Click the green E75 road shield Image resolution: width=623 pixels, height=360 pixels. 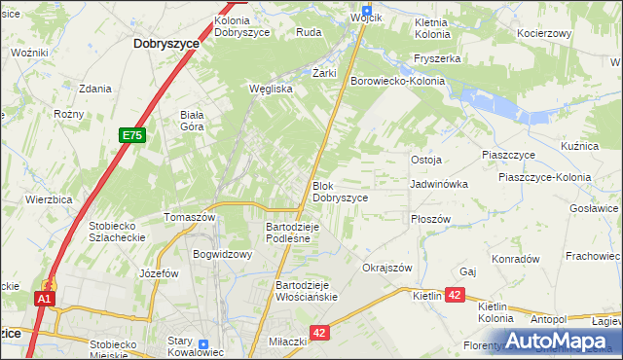pos(133,137)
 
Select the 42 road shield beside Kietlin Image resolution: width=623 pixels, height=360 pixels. pos(456,295)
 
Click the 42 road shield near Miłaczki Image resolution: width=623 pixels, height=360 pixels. pos(321,332)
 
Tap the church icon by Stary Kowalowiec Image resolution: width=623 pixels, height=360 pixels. pos(202,344)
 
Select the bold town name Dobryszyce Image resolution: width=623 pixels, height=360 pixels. pos(166,44)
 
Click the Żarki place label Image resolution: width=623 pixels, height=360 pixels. pos(324,73)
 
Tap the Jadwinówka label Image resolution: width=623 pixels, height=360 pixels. pos(439,184)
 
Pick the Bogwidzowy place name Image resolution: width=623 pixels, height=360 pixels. pos(223,254)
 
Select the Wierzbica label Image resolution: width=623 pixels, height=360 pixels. pos(50,198)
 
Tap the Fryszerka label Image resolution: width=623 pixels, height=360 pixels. pos(436,58)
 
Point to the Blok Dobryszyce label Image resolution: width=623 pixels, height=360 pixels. pos(340,191)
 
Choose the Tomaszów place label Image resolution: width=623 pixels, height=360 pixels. pos(189,217)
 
